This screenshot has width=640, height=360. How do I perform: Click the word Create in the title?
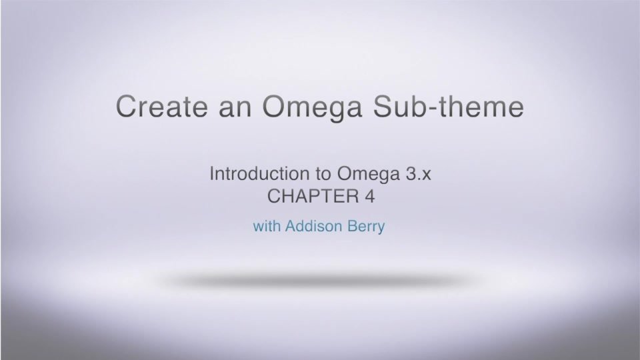pos(156,107)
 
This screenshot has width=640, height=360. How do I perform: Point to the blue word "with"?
pos(267,227)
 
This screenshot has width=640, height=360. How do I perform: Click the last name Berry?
pos(365,227)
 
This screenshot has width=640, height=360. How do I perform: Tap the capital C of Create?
pos(127,107)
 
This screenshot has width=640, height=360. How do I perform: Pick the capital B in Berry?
pos(349,227)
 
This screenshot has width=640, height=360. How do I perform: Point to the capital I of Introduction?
pos(212,175)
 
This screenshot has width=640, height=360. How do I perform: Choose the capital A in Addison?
pos(290,227)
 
